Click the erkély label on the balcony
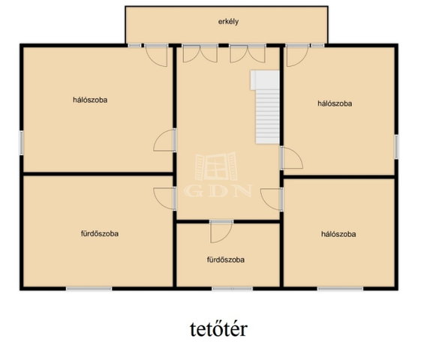pos(228,22)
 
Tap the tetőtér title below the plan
pos(218,329)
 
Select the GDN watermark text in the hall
pos(218,191)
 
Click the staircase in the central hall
pos(265,106)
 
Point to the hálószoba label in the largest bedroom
pos(90,100)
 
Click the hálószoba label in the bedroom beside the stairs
pos(335,103)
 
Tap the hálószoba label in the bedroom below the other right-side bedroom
pos(338,234)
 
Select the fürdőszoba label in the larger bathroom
pos(100,233)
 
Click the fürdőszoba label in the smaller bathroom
pos(226,259)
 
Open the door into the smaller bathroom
pos(221,231)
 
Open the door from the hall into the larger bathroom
pos(165,198)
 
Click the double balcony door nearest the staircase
pos(248,53)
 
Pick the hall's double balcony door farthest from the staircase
pos(200,53)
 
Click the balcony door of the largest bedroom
pos(156,55)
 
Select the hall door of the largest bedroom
pos(165,140)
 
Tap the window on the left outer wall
pos(21,143)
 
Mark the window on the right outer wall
pos(396,147)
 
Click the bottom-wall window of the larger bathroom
pos(89,289)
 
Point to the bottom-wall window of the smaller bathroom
pos(233,289)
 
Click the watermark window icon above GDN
pos(216,166)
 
